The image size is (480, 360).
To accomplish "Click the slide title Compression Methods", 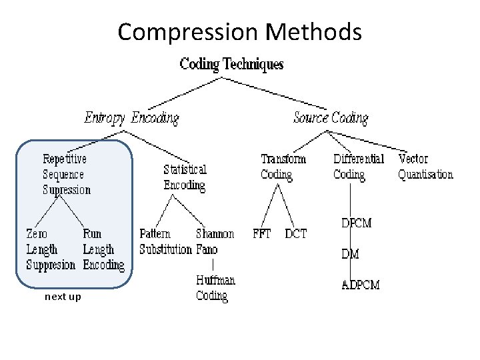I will pos(240,31).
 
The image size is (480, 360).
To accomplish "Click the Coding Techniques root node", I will pos(231,64).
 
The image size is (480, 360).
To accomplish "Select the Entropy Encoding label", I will pos(131,118).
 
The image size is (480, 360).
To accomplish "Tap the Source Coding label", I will pos(331,118).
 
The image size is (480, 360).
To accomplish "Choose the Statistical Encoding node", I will pos(185,177).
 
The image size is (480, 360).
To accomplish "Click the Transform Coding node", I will pos(283,167).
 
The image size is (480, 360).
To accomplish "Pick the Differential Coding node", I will pos(359,167).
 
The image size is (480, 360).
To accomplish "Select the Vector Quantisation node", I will pos(425,167).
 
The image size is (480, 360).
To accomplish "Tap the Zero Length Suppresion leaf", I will pos(51,249).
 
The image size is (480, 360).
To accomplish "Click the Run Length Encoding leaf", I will pos(103,249).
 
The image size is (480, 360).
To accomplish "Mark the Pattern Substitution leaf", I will pos(165,242).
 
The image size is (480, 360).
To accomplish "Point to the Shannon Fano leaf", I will pos(215,242).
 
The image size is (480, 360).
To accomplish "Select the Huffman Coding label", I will pos(215,288).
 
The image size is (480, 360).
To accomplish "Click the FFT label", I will pos(262,234).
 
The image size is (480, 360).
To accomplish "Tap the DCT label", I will pos(295,234).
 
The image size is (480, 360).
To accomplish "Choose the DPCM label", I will pos(356,223).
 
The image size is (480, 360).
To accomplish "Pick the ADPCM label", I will pos(361,285).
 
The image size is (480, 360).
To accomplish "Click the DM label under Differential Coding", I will pos(350,254).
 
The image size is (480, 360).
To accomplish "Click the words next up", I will pos(63,297).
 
